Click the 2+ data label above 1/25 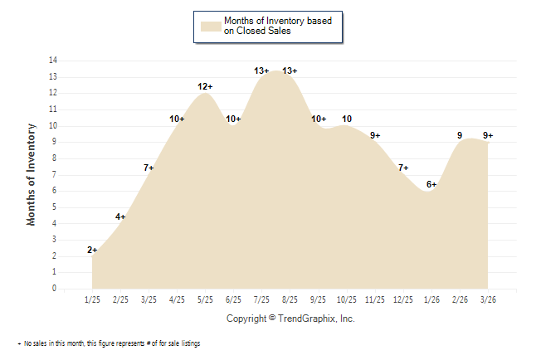tap(92, 250)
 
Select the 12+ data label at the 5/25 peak tap(205, 86)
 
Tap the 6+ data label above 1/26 tap(431, 184)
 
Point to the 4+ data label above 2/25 tap(120, 217)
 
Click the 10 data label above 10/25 tap(347, 119)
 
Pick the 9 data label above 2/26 tap(460, 135)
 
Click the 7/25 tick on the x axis tap(261, 299)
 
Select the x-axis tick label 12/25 tap(403, 299)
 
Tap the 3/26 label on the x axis tap(488, 299)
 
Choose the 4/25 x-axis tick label tap(177, 299)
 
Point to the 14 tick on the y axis tap(53, 61)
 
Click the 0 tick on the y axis tap(55, 289)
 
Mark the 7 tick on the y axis tap(55, 175)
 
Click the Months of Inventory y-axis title tap(32, 174)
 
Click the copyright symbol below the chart tap(272, 319)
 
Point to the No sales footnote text tap(112, 343)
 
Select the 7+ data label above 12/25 tap(403, 168)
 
